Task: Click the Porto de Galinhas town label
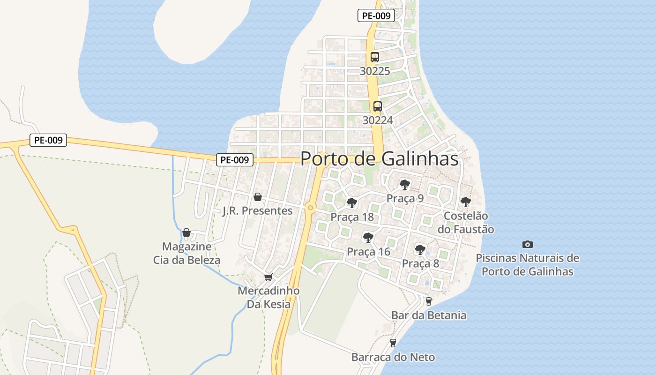click(x=379, y=158)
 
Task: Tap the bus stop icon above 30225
click(x=374, y=57)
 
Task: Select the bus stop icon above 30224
click(x=378, y=106)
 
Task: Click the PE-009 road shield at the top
click(x=376, y=15)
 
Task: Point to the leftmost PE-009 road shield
click(x=48, y=140)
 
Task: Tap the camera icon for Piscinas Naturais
click(x=528, y=244)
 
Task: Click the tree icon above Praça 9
click(x=405, y=185)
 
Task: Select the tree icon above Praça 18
click(x=352, y=203)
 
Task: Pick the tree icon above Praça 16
click(x=368, y=238)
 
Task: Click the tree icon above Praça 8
click(x=420, y=249)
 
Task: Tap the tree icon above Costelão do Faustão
click(x=465, y=202)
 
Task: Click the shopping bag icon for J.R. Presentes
click(x=257, y=197)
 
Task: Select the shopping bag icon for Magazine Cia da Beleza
click(x=186, y=232)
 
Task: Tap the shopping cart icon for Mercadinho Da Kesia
click(x=268, y=277)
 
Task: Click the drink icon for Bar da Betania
click(x=428, y=301)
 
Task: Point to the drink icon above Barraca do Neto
click(x=393, y=343)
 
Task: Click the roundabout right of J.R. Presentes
click(x=310, y=207)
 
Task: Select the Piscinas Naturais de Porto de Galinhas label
click(x=528, y=265)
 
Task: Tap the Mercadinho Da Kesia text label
click(x=268, y=298)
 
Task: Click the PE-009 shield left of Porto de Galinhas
click(x=235, y=160)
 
